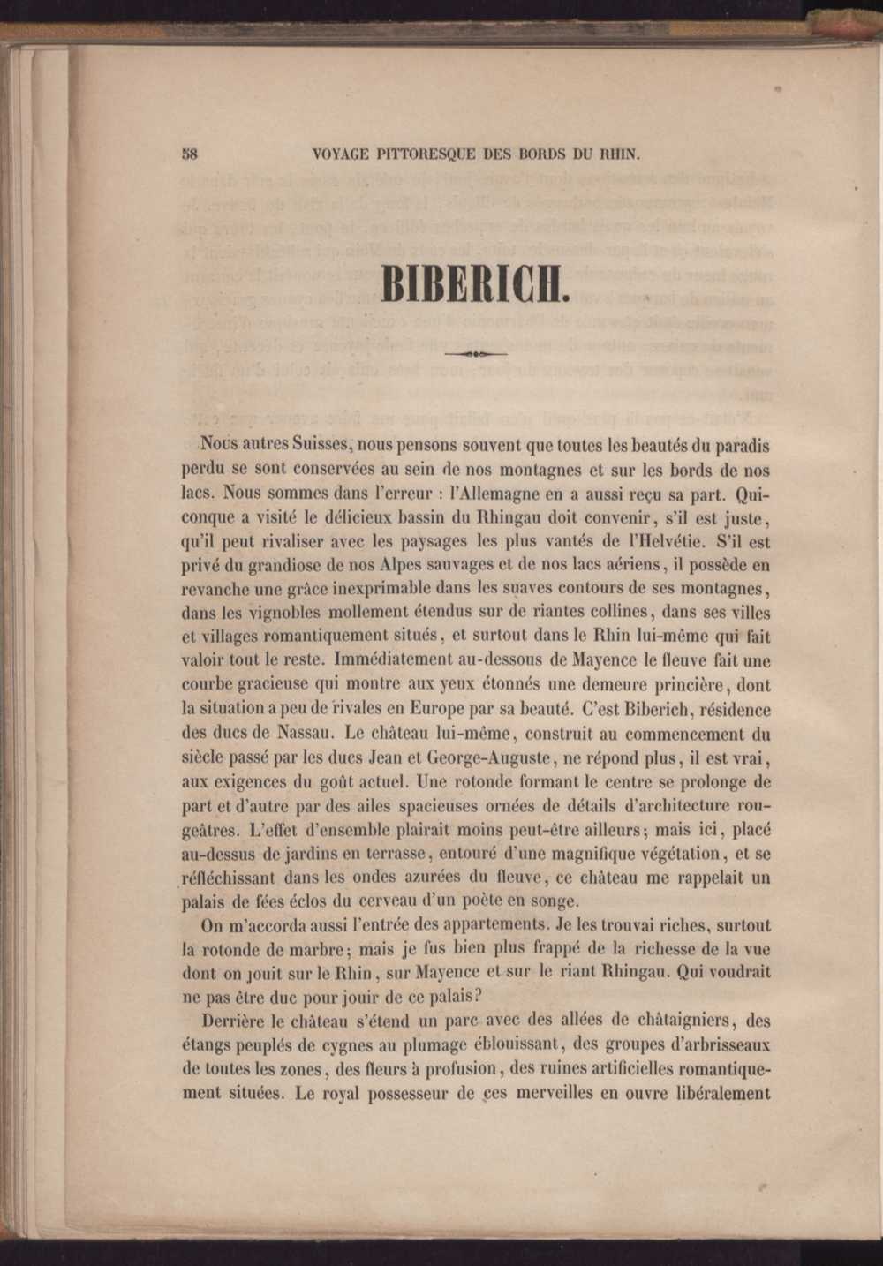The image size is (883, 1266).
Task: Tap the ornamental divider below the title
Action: pyautogui.click(x=475, y=354)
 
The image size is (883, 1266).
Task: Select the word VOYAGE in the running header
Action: pyautogui.click(x=343, y=154)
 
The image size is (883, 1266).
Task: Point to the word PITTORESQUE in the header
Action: pyautogui.click(x=425, y=154)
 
